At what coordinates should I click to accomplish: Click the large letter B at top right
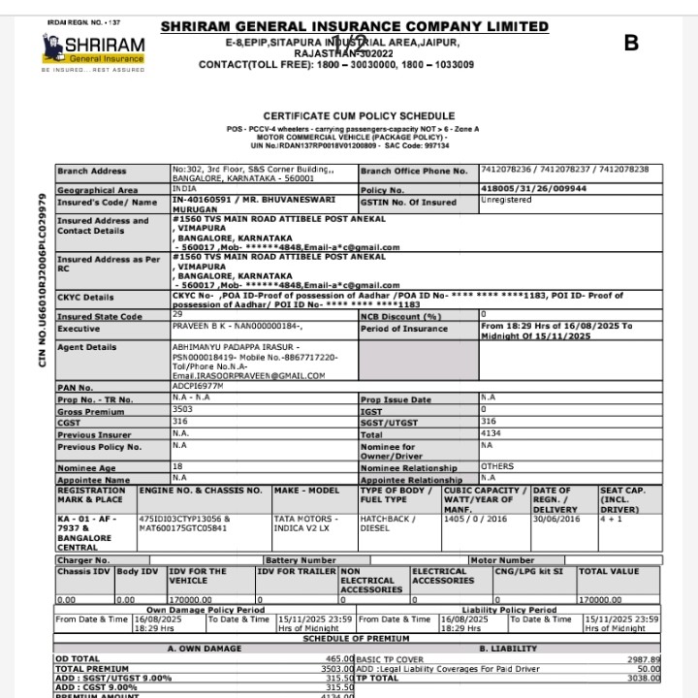[632, 43]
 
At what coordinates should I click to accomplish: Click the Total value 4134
[492, 433]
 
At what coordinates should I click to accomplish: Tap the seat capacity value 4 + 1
[611, 519]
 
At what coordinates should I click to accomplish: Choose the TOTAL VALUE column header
[609, 572]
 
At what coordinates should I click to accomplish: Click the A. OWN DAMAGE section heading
[205, 647]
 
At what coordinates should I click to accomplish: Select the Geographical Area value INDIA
[184, 189]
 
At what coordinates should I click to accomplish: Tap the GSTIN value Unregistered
[507, 201]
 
